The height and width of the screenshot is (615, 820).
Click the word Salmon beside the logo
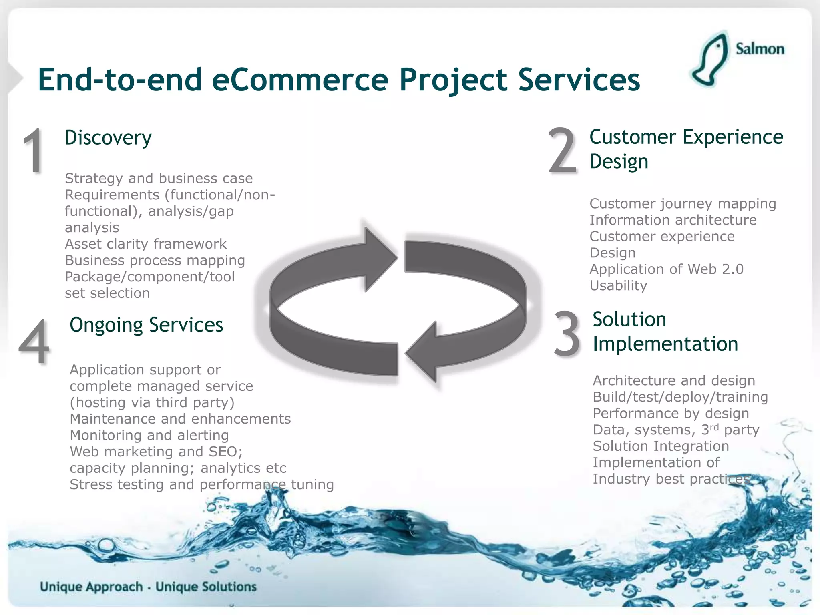(x=760, y=49)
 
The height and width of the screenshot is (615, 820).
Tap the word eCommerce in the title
(x=300, y=80)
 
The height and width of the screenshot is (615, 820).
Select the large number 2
(x=563, y=151)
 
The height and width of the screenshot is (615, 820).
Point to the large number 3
(x=567, y=334)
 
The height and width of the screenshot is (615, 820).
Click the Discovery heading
(x=108, y=138)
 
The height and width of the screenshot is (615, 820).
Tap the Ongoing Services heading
(x=146, y=325)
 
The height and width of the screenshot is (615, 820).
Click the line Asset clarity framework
(x=146, y=244)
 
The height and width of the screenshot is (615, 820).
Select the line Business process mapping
(x=155, y=260)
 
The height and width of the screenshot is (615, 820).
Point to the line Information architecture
(x=673, y=220)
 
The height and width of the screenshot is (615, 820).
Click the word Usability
(x=618, y=285)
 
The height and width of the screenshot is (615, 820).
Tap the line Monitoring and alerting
(x=149, y=435)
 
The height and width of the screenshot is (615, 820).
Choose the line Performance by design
(x=671, y=413)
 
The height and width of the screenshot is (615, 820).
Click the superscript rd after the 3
(x=714, y=427)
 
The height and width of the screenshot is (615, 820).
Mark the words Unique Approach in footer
(x=91, y=587)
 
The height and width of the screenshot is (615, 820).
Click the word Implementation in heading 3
(x=665, y=344)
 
